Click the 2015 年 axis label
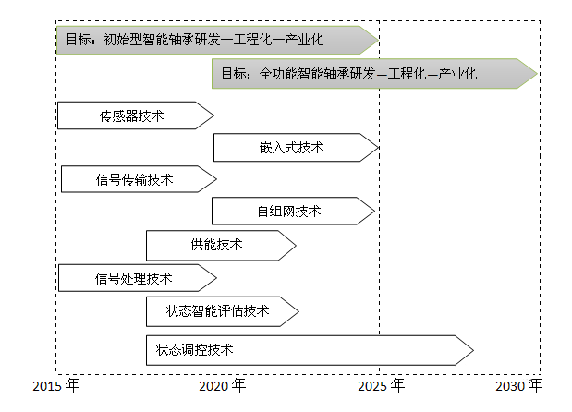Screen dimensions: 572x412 [x=55, y=386]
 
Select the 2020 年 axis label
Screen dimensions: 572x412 [x=222, y=386]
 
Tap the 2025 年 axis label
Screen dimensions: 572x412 [x=382, y=386]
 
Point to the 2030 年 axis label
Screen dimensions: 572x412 [x=518, y=386]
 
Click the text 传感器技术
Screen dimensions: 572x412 [x=132, y=116]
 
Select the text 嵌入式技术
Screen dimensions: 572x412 [x=291, y=148]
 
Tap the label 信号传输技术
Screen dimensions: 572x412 [x=134, y=179]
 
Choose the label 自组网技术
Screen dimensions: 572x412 [x=289, y=212]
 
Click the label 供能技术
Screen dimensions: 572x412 [x=216, y=245]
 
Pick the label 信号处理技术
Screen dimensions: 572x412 [x=133, y=278]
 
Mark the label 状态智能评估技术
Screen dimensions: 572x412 [x=217, y=311]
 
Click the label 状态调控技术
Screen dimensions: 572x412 [x=194, y=350]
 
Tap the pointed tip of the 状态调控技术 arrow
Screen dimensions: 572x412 [x=473, y=350]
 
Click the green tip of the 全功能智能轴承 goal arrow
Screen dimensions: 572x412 [x=537, y=73]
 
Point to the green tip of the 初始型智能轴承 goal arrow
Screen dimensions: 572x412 [x=378, y=40]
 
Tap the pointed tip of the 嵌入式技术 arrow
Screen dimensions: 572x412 [x=378, y=148]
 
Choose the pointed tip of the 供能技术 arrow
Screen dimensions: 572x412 [x=296, y=246]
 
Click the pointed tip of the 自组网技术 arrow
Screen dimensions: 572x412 [x=374, y=212]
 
